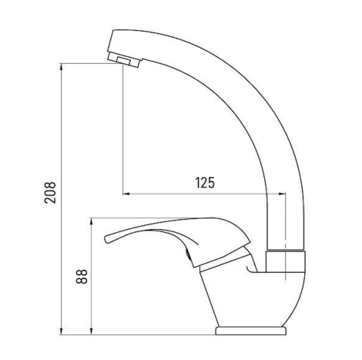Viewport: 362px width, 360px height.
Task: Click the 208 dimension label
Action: [50, 193]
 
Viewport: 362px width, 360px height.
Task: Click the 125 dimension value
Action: [205, 183]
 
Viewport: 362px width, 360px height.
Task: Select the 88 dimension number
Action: [82, 276]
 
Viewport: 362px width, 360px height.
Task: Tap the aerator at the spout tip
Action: [123, 60]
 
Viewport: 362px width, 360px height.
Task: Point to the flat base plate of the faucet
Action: [250, 331]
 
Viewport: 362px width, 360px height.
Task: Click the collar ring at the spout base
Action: [286, 261]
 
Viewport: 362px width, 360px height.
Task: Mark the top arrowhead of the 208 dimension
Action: [61, 67]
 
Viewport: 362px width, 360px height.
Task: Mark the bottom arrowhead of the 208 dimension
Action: [61, 331]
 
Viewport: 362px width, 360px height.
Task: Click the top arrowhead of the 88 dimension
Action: [91, 222]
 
